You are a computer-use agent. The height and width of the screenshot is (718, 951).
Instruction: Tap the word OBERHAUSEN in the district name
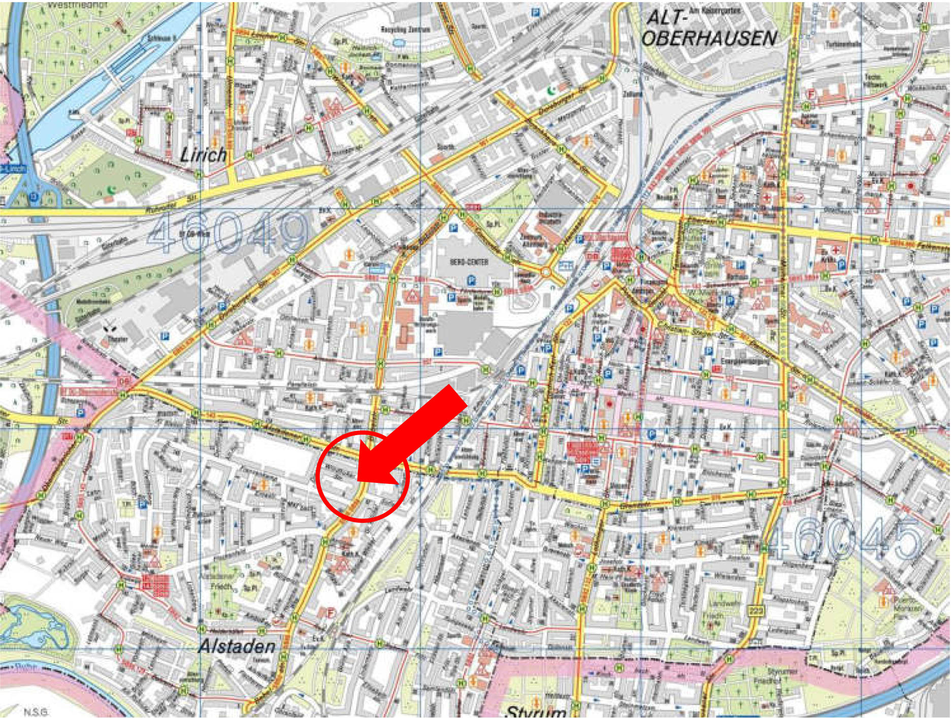(x=709, y=38)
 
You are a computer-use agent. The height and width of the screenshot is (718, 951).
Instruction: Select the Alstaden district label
(x=237, y=646)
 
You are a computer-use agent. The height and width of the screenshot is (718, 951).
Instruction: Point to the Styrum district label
(x=536, y=711)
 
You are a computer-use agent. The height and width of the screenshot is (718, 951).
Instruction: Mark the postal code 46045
(x=843, y=539)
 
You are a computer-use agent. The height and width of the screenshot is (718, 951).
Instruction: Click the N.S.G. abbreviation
(x=34, y=711)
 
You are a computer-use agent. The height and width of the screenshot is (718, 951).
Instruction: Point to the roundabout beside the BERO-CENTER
(x=546, y=273)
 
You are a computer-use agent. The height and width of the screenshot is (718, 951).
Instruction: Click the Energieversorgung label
(x=739, y=361)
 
